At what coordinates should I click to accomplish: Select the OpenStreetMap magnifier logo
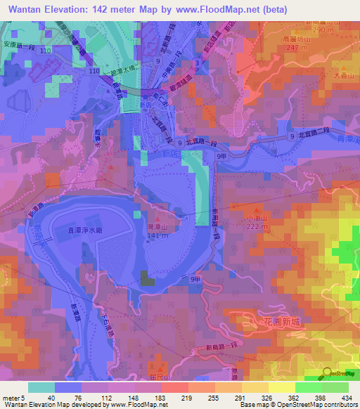click(328, 373)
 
